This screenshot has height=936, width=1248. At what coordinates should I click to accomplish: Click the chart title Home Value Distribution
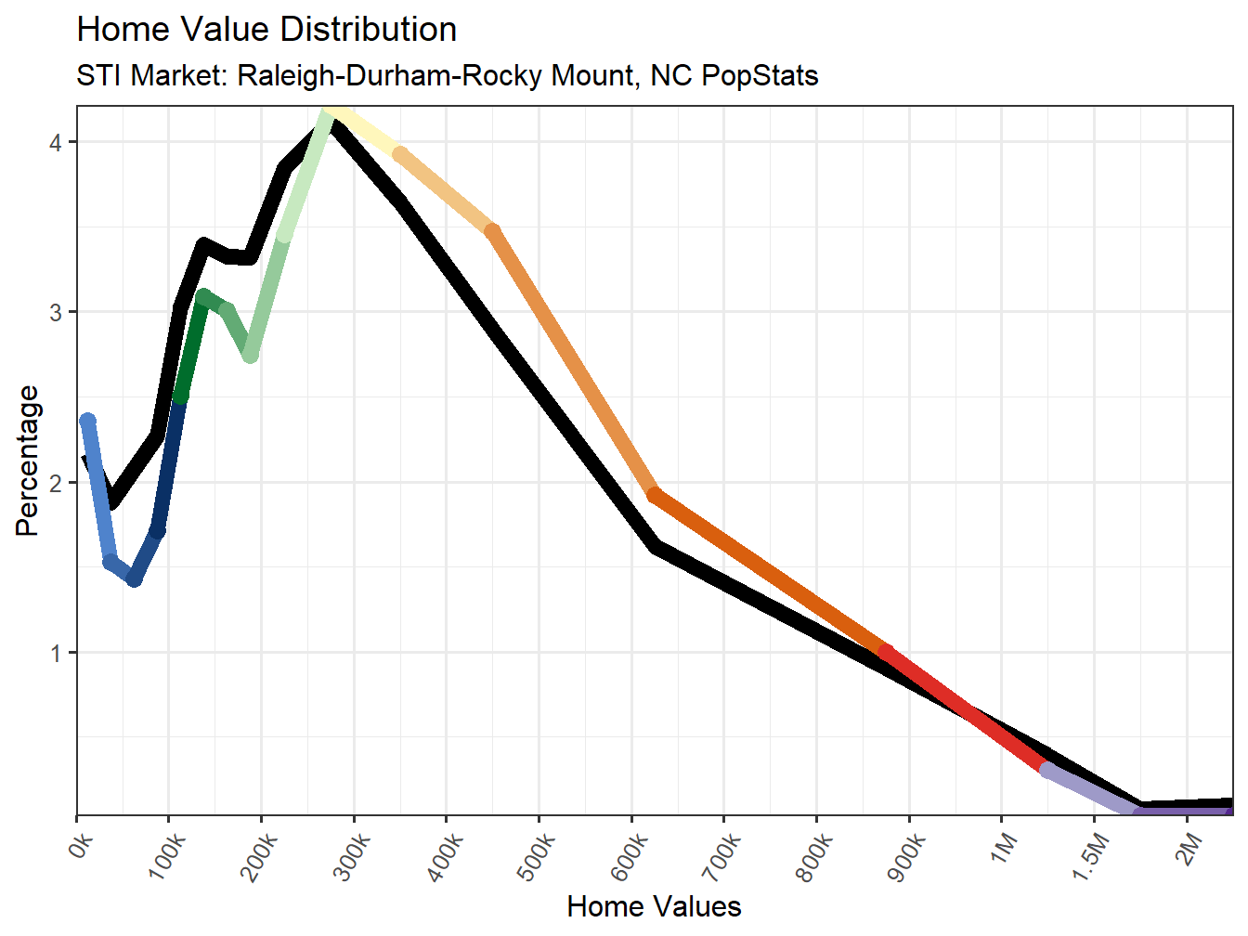click(266, 30)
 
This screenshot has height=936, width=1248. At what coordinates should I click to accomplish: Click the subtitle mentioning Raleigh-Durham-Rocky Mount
click(447, 75)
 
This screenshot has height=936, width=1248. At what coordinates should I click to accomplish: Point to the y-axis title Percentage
click(28, 461)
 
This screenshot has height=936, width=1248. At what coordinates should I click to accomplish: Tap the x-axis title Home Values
click(654, 906)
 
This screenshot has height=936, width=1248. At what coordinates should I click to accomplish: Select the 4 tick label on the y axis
click(57, 142)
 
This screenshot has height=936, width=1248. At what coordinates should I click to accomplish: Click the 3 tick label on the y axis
click(57, 312)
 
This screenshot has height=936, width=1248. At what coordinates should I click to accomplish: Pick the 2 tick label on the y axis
click(57, 483)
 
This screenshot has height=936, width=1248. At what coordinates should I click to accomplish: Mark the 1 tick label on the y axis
click(57, 653)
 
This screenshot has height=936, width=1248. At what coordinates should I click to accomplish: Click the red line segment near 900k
click(966, 710)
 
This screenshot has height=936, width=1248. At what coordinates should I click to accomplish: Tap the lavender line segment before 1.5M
click(1091, 791)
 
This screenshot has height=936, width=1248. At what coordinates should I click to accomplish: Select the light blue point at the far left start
click(87, 422)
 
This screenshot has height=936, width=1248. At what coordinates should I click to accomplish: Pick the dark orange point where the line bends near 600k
click(655, 495)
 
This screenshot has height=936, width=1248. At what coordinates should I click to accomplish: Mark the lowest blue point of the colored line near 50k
click(135, 579)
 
